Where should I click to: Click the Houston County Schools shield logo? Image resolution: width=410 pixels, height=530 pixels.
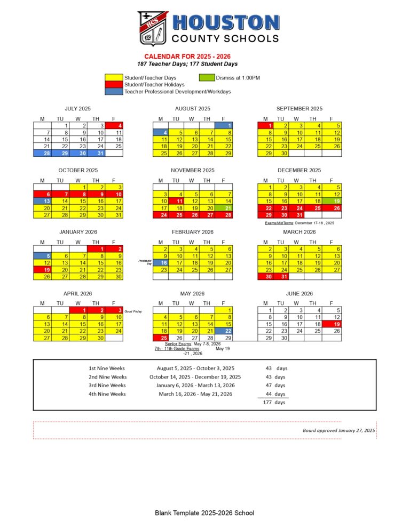[x=153, y=28]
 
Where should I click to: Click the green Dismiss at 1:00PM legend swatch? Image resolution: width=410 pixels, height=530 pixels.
[x=207, y=78]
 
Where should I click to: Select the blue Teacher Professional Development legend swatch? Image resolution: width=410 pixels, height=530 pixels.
[x=114, y=92]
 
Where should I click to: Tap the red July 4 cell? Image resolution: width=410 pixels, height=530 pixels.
[x=115, y=126]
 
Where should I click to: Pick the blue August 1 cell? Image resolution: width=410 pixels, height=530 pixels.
[x=223, y=126]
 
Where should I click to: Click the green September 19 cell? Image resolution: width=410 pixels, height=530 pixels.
[x=332, y=201]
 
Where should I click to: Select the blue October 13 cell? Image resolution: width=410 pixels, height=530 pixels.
[x=42, y=201]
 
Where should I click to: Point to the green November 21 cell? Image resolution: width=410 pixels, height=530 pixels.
[x=223, y=208]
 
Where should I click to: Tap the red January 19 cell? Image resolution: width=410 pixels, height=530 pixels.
[x=42, y=270]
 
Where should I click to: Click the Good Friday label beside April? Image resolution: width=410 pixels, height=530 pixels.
[x=133, y=311]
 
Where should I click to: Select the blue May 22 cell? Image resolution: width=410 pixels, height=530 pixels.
[x=223, y=331]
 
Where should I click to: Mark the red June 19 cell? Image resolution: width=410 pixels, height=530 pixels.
[x=332, y=324]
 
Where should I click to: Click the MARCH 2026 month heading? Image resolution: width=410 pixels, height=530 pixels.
[x=299, y=232]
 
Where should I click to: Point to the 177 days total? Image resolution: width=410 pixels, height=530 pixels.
[x=274, y=402]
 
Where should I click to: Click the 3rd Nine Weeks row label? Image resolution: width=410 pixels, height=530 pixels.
[x=107, y=385]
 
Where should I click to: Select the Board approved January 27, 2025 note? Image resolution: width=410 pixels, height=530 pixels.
[x=338, y=430]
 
